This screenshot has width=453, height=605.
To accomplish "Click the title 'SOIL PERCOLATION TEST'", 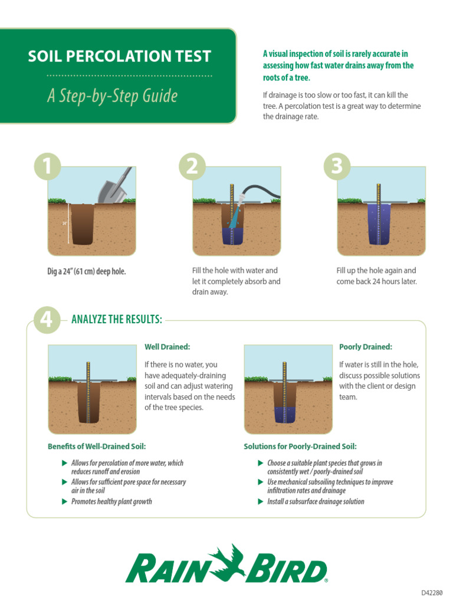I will tap(120, 57).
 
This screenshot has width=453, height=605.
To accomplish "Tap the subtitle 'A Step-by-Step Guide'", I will tap(112, 96).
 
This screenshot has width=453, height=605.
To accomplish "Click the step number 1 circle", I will tap(47, 167).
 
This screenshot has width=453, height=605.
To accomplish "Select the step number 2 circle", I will tap(192, 167).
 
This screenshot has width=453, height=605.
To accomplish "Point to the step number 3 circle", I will tap(337, 167).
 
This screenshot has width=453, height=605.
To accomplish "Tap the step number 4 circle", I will tap(47, 320).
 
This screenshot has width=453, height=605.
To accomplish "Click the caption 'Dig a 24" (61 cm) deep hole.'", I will tap(87, 272).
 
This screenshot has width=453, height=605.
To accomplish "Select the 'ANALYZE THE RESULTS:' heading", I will tap(116, 320).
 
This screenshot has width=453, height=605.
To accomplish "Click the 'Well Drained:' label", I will tap(168, 347).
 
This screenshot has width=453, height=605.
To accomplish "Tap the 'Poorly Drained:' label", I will tap(366, 347).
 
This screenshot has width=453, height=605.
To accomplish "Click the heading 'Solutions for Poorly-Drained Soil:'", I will tap(300, 446).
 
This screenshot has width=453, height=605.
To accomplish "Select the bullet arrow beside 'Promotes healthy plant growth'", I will tap(65, 502).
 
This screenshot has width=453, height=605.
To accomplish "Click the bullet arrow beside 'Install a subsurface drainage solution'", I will tap(261, 502).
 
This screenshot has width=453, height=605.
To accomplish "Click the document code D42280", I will tap(432, 593).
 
